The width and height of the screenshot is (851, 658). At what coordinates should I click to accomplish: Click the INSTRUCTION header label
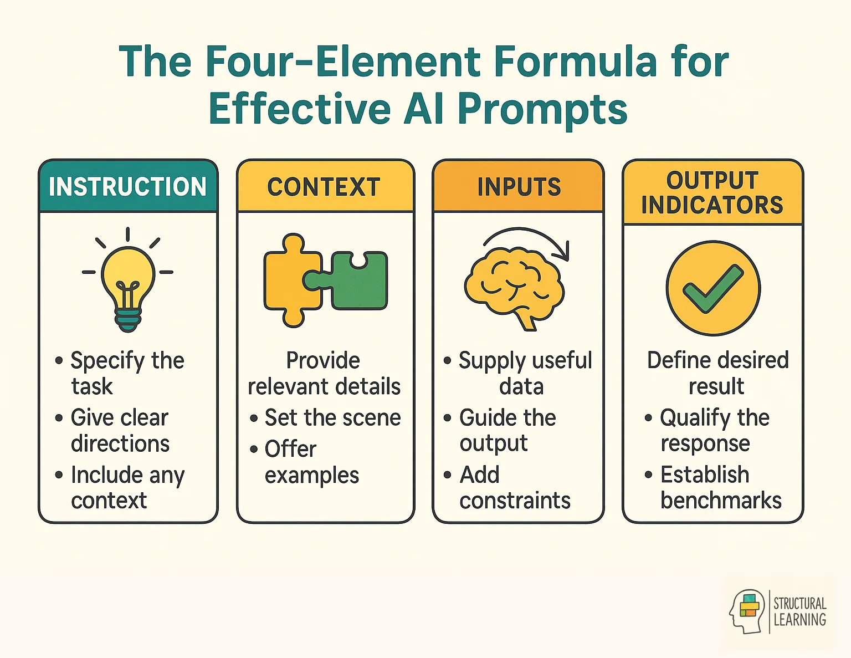coord(127,187)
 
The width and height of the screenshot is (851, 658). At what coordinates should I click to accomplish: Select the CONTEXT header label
coord(324,187)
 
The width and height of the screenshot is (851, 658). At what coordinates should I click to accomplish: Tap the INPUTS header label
coord(519,187)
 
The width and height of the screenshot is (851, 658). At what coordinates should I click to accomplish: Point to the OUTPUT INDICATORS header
coord(712,193)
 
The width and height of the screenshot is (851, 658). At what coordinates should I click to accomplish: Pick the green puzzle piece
coord(357,281)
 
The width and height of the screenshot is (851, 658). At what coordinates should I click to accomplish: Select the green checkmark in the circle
coord(713,288)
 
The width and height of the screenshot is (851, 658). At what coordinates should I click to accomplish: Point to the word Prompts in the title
coord(542,109)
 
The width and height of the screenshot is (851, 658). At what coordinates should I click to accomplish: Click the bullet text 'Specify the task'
coord(127,373)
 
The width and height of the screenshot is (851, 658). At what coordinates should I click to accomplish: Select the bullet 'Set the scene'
coord(332,417)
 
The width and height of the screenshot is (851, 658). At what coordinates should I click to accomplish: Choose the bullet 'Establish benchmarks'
coord(720,487)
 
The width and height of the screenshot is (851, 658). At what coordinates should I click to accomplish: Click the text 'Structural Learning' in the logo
coord(799,611)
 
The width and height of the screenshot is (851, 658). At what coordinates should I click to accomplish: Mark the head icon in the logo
coord(749,611)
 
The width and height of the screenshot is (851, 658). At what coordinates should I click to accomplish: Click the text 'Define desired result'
coord(717,373)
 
